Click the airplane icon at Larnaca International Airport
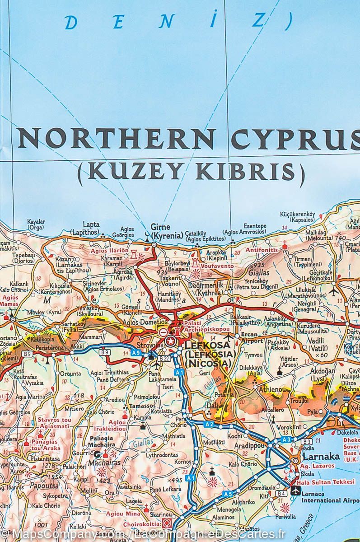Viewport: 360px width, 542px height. click(x=296, y=490)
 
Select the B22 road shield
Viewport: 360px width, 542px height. click(x=163, y=358)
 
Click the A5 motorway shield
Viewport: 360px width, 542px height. click(x=229, y=494)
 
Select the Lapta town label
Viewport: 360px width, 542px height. click(x=91, y=224)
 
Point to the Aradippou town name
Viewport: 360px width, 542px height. click(x=248, y=445)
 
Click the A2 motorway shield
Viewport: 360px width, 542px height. click(x=208, y=424)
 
